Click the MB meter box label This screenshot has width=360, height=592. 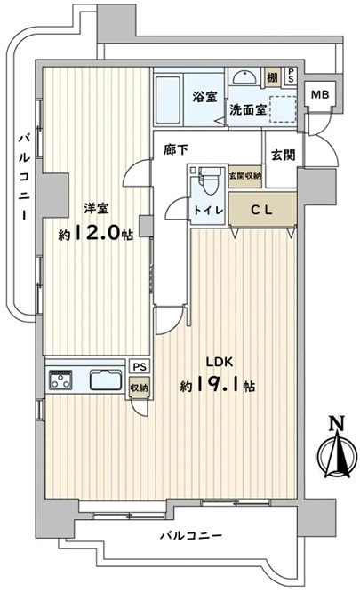coord(320,95)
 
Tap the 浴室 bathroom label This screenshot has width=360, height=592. coord(204,98)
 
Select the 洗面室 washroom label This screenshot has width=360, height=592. coord(248,110)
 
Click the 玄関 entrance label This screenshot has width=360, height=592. coord(284,155)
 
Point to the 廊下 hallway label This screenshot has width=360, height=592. coord(175,150)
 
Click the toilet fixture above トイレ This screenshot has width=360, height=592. coord(210,180)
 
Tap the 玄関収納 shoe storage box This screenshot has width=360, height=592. coord(245,176)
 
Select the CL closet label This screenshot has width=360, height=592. coord(261,211)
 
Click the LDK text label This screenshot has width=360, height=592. coord(219,362)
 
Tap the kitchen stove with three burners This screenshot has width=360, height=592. coord(60,380)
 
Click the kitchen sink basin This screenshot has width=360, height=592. coord(106,380)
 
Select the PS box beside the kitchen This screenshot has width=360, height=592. coord(139,366)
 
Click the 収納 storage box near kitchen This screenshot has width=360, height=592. coord(139,388)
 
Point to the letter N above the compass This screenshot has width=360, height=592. coord(337,424)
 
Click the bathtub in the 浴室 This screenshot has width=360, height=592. coord(168,100)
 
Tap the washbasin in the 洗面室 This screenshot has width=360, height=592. coord(245,77)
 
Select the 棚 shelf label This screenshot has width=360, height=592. coord(272,77)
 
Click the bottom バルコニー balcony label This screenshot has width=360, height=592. coord(190,536)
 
